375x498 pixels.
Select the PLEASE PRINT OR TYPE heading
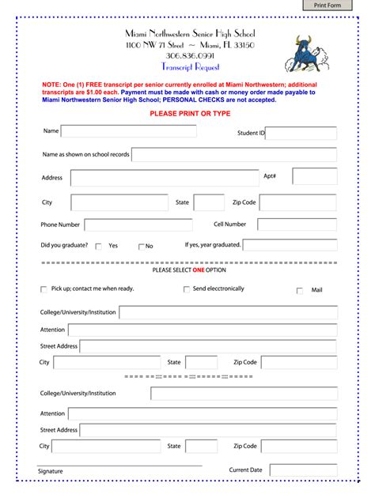[x=190, y=114]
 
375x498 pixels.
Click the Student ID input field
[x=301, y=133]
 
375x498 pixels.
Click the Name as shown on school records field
[x=233, y=154]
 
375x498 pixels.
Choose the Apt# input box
[x=314, y=176]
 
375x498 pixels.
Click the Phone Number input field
[x=126, y=224]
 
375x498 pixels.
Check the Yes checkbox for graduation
[x=99, y=247]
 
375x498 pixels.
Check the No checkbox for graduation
[x=142, y=247]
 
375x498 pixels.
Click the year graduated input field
[x=290, y=245]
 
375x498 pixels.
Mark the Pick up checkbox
[x=44, y=289]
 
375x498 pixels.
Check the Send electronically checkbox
[x=187, y=289]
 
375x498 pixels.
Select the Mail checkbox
[x=300, y=291]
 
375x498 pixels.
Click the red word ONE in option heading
[x=199, y=270]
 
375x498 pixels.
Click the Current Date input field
[x=302, y=470]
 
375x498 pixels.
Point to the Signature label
[x=50, y=472]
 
